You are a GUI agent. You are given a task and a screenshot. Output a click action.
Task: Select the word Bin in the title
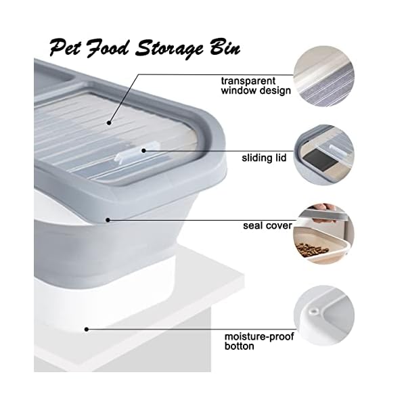(223, 48)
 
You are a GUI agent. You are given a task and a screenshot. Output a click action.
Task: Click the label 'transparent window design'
(255, 85)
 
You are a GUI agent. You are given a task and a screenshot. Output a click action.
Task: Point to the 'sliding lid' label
(263, 158)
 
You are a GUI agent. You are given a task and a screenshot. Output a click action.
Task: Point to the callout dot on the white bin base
(87, 330)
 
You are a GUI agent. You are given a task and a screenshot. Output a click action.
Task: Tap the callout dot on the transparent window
(109, 122)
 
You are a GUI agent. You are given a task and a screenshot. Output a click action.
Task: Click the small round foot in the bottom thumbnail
(314, 311)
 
